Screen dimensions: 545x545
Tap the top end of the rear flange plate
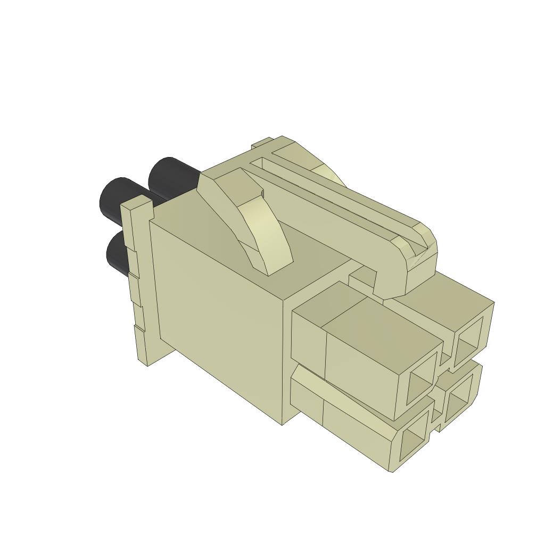[x=136, y=202]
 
